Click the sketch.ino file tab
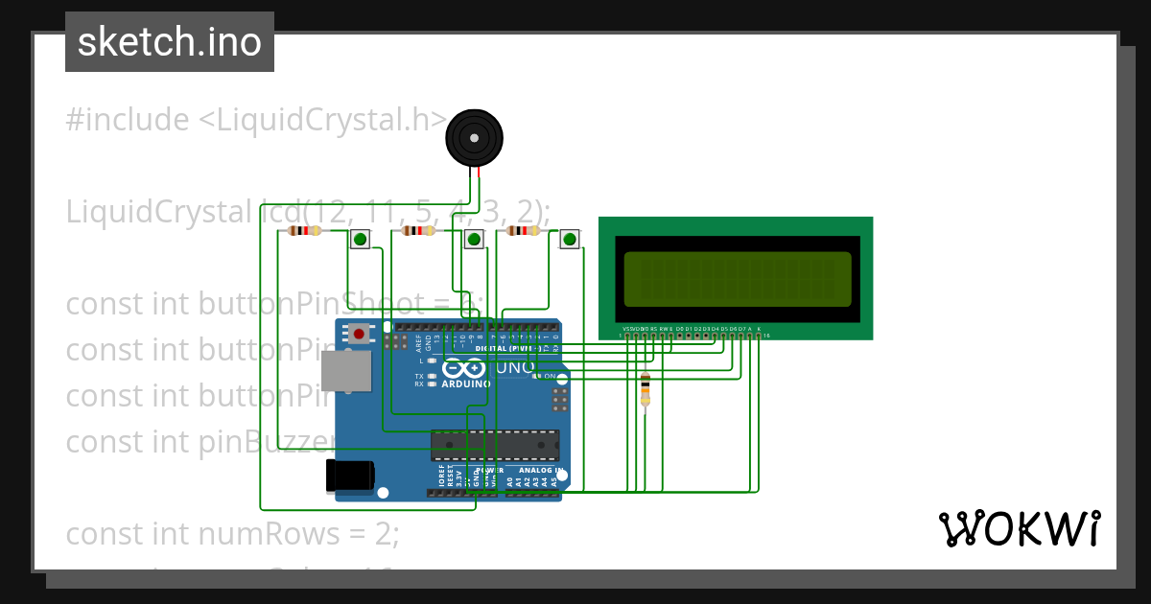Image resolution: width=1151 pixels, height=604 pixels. (170, 42)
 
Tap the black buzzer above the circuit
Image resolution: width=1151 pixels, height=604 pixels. (474, 138)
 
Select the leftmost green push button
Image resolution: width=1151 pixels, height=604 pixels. (360, 239)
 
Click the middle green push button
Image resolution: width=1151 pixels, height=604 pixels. (473, 239)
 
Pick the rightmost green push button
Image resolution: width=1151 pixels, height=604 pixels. (570, 239)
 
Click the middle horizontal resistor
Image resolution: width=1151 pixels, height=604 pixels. (417, 230)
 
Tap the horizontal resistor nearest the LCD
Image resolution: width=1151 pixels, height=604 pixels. (523, 230)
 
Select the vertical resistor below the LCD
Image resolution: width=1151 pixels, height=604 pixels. (645, 388)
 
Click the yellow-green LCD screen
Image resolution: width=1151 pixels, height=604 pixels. (737, 278)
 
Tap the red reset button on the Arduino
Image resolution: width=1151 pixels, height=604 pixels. (359, 334)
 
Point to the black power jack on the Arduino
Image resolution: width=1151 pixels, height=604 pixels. (349, 476)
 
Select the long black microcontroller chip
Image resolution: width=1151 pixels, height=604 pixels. (495, 445)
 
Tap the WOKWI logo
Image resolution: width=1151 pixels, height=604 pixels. (1019, 528)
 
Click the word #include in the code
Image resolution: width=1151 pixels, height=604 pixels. (128, 121)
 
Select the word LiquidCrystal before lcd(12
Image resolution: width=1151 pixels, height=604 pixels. (160, 211)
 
